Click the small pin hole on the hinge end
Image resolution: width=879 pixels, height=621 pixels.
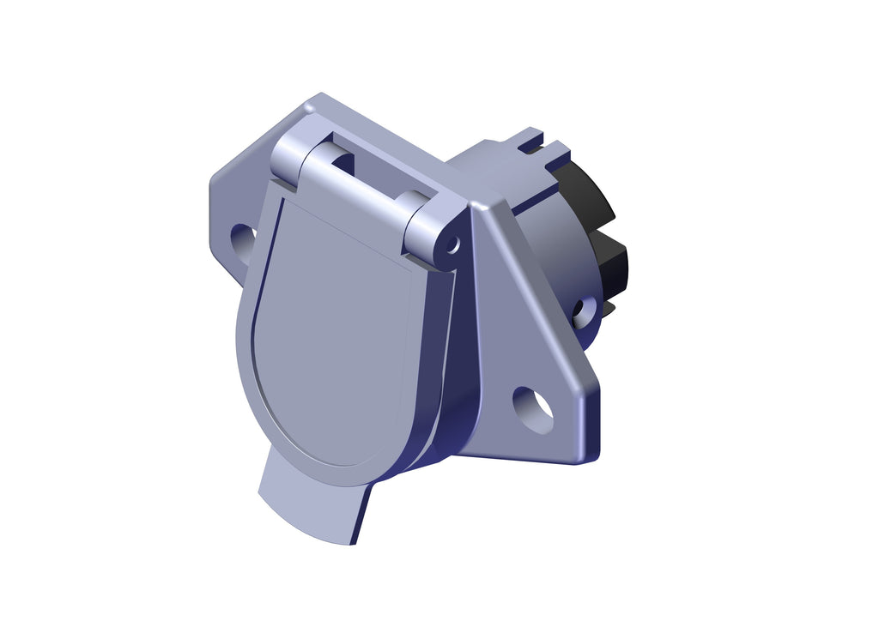coord(452,246)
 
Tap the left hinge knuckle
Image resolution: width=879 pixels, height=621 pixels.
coord(293,158)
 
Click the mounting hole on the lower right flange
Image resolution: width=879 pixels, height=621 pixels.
coord(533,410)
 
